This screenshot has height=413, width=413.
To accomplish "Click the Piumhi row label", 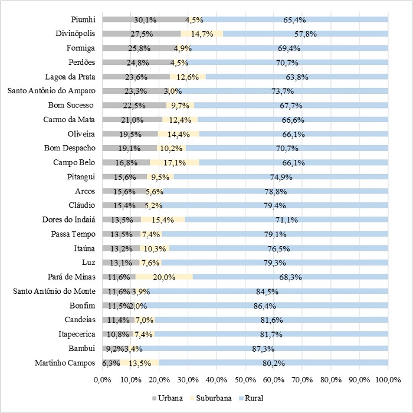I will [x=83, y=19].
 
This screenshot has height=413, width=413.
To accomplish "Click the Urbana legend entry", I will [x=171, y=398].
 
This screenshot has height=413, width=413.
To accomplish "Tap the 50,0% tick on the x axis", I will [x=245, y=378].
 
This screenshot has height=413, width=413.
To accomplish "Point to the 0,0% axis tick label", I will [x=102, y=378].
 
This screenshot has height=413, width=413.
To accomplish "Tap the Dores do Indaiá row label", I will [x=68, y=220].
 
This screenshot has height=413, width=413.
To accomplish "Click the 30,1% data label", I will [x=145, y=19].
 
